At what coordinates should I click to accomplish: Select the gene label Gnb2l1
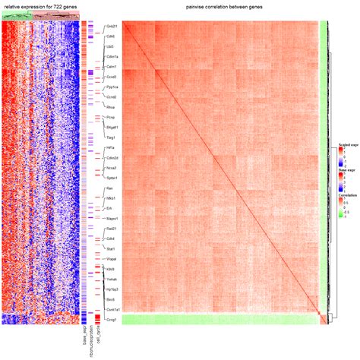(112, 26)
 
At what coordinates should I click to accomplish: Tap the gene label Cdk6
(111, 35)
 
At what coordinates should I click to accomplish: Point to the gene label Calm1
(112, 67)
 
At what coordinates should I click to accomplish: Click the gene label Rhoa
(111, 108)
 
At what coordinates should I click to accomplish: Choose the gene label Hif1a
(111, 147)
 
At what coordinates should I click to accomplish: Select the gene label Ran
(109, 188)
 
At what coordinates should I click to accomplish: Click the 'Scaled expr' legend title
(348, 144)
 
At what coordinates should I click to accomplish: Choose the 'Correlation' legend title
(347, 196)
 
